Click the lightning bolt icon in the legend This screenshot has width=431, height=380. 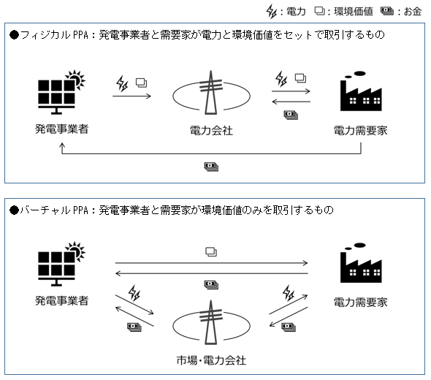tap(272, 12)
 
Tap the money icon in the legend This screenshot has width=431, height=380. tap(387, 11)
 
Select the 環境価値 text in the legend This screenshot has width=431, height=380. tap(354, 11)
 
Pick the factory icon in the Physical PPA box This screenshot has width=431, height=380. tap(361, 91)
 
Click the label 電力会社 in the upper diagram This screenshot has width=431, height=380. tap(211, 130)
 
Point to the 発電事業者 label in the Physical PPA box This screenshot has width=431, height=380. tap(61, 129)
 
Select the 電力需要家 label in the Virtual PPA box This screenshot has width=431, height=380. tap(361, 303)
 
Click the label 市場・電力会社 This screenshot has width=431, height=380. tap(211, 360)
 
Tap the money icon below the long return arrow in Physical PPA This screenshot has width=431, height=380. tap(211, 167)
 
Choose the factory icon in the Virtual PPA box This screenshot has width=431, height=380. tap(361, 263)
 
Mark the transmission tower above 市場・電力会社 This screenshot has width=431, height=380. tap(211, 322)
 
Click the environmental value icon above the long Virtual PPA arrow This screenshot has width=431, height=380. tap(211, 252)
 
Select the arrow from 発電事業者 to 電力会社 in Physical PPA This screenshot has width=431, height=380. tap(131, 96)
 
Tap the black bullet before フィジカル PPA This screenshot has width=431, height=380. tap(15, 35)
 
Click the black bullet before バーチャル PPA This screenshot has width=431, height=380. tap(15, 210)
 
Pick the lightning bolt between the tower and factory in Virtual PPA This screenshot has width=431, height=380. tap(289, 293)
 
